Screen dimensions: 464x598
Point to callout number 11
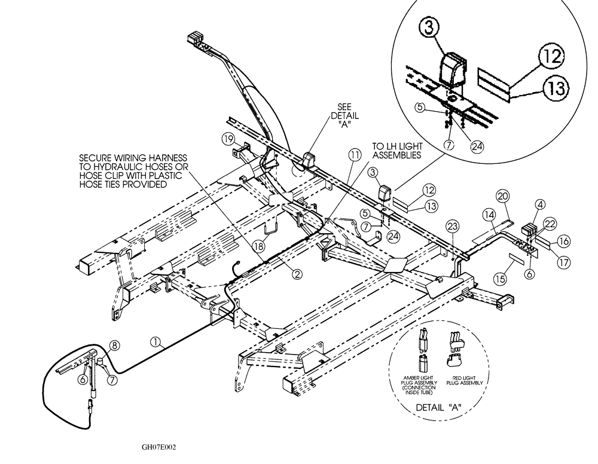355,155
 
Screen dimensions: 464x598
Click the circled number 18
259,245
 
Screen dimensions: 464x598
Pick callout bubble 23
453,225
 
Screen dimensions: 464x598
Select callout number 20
502,196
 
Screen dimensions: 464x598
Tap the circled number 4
540,204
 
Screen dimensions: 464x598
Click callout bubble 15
499,278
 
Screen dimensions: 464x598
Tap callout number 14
490,213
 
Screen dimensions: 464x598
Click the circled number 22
549,222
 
